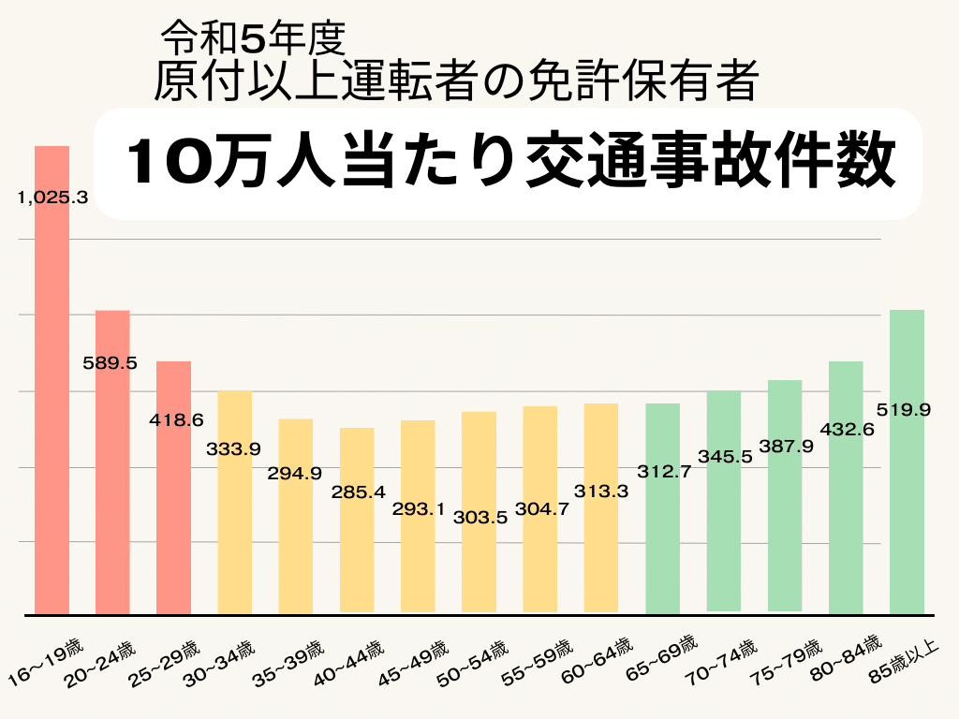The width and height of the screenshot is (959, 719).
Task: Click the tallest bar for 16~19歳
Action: click(x=52, y=393)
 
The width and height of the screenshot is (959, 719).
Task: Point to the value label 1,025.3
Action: click(x=52, y=198)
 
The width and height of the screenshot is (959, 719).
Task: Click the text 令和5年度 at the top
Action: click(x=254, y=37)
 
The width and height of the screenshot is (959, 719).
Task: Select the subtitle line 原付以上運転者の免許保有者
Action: click(x=455, y=81)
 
